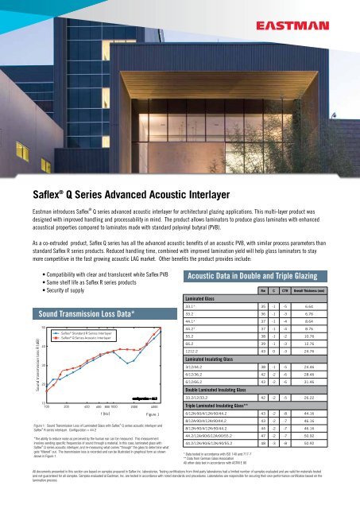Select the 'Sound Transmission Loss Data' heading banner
90,293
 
